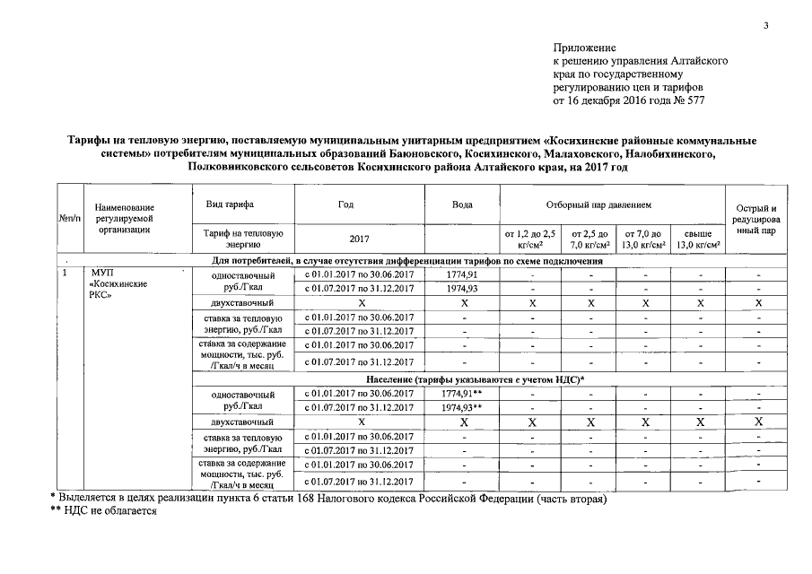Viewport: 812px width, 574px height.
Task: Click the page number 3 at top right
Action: pyautogui.click(x=766, y=25)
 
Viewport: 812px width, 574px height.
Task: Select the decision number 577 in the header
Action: pyautogui.click(x=694, y=101)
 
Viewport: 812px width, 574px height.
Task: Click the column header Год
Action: pyautogui.click(x=345, y=204)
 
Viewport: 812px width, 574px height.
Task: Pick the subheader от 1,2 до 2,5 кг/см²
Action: pyautogui.click(x=531, y=239)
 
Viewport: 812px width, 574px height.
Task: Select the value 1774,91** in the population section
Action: pyautogui.click(x=463, y=393)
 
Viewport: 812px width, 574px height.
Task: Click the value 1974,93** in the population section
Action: pyautogui.click(x=463, y=407)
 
